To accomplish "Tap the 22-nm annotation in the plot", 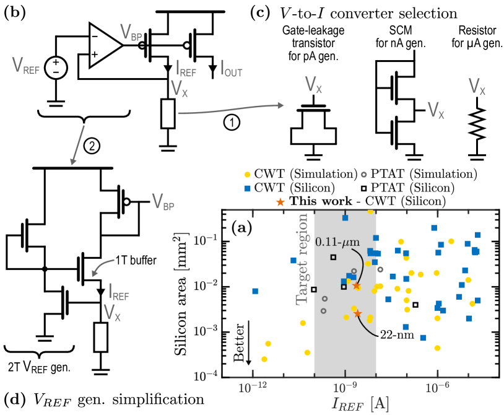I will pos(393,338).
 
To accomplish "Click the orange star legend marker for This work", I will pos(281,201).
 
